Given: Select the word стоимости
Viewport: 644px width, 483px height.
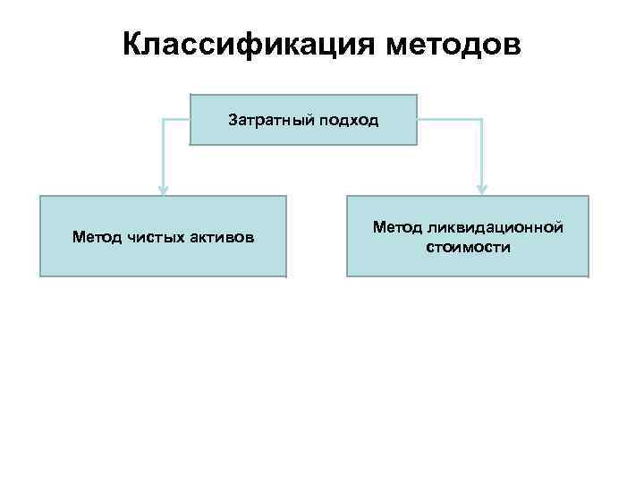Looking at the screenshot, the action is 468,247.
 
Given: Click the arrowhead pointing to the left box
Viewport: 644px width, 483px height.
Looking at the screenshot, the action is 163,190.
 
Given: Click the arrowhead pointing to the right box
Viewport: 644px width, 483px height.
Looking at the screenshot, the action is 481,190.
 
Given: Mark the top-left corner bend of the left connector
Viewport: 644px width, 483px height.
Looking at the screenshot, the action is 163,119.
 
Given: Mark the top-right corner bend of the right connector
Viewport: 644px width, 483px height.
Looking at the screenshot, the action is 481,119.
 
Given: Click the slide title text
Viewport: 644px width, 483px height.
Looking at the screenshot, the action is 321,44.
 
